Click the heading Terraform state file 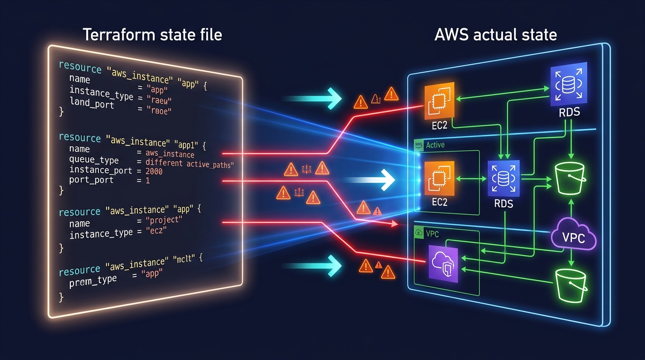[152, 34]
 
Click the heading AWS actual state [495, 34]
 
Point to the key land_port [91, 104]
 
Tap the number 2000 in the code [154, 172]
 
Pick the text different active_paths [189, 164]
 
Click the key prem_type [93, 281]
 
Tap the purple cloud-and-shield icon [443, 265]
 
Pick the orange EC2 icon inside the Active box [439, 178]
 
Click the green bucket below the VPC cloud [570, 285]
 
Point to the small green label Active [435, 145]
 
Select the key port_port [91, 180]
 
